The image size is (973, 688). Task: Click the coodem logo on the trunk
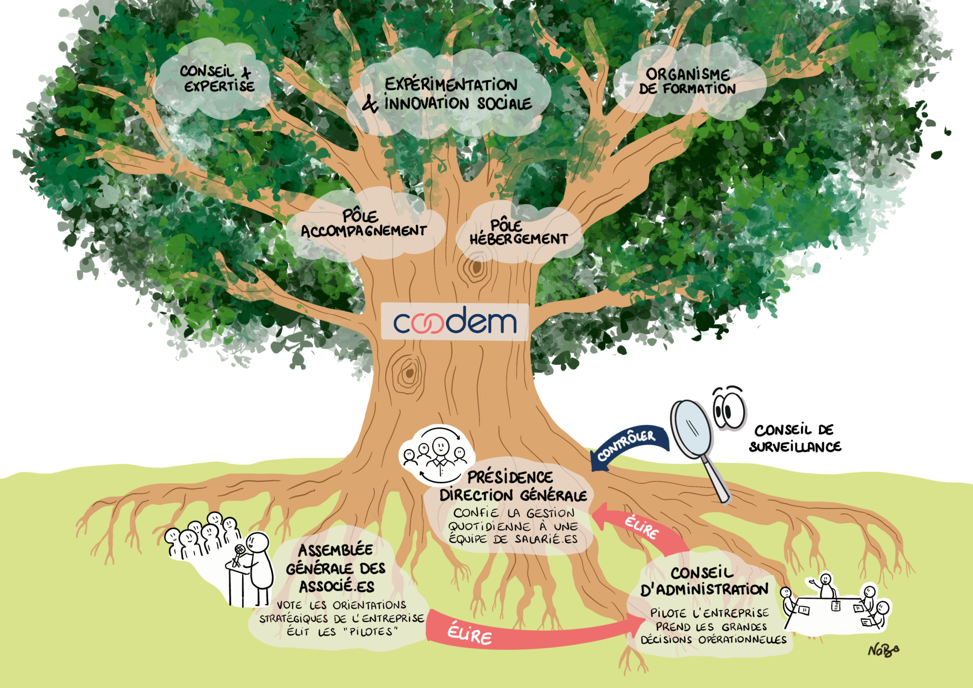click(x=455, y=322)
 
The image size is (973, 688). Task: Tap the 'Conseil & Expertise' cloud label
click(x=218, y=79)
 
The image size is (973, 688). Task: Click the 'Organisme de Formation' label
click(x=687, y=82)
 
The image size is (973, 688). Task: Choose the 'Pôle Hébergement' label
click(x=518, y=233)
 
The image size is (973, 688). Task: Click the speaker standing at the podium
click(x=258, y=563)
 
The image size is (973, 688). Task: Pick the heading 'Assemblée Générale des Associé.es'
click(x=336, y=568)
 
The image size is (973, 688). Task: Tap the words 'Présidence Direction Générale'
click(x=512, y=486)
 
